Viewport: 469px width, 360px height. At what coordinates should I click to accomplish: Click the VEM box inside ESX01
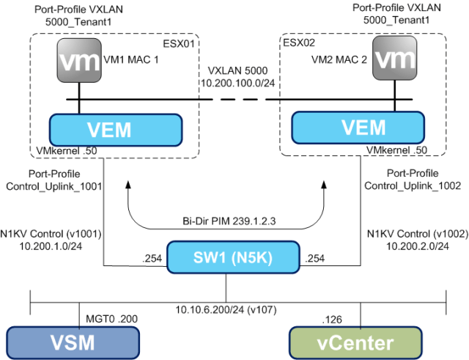click(x=110, y=130)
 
